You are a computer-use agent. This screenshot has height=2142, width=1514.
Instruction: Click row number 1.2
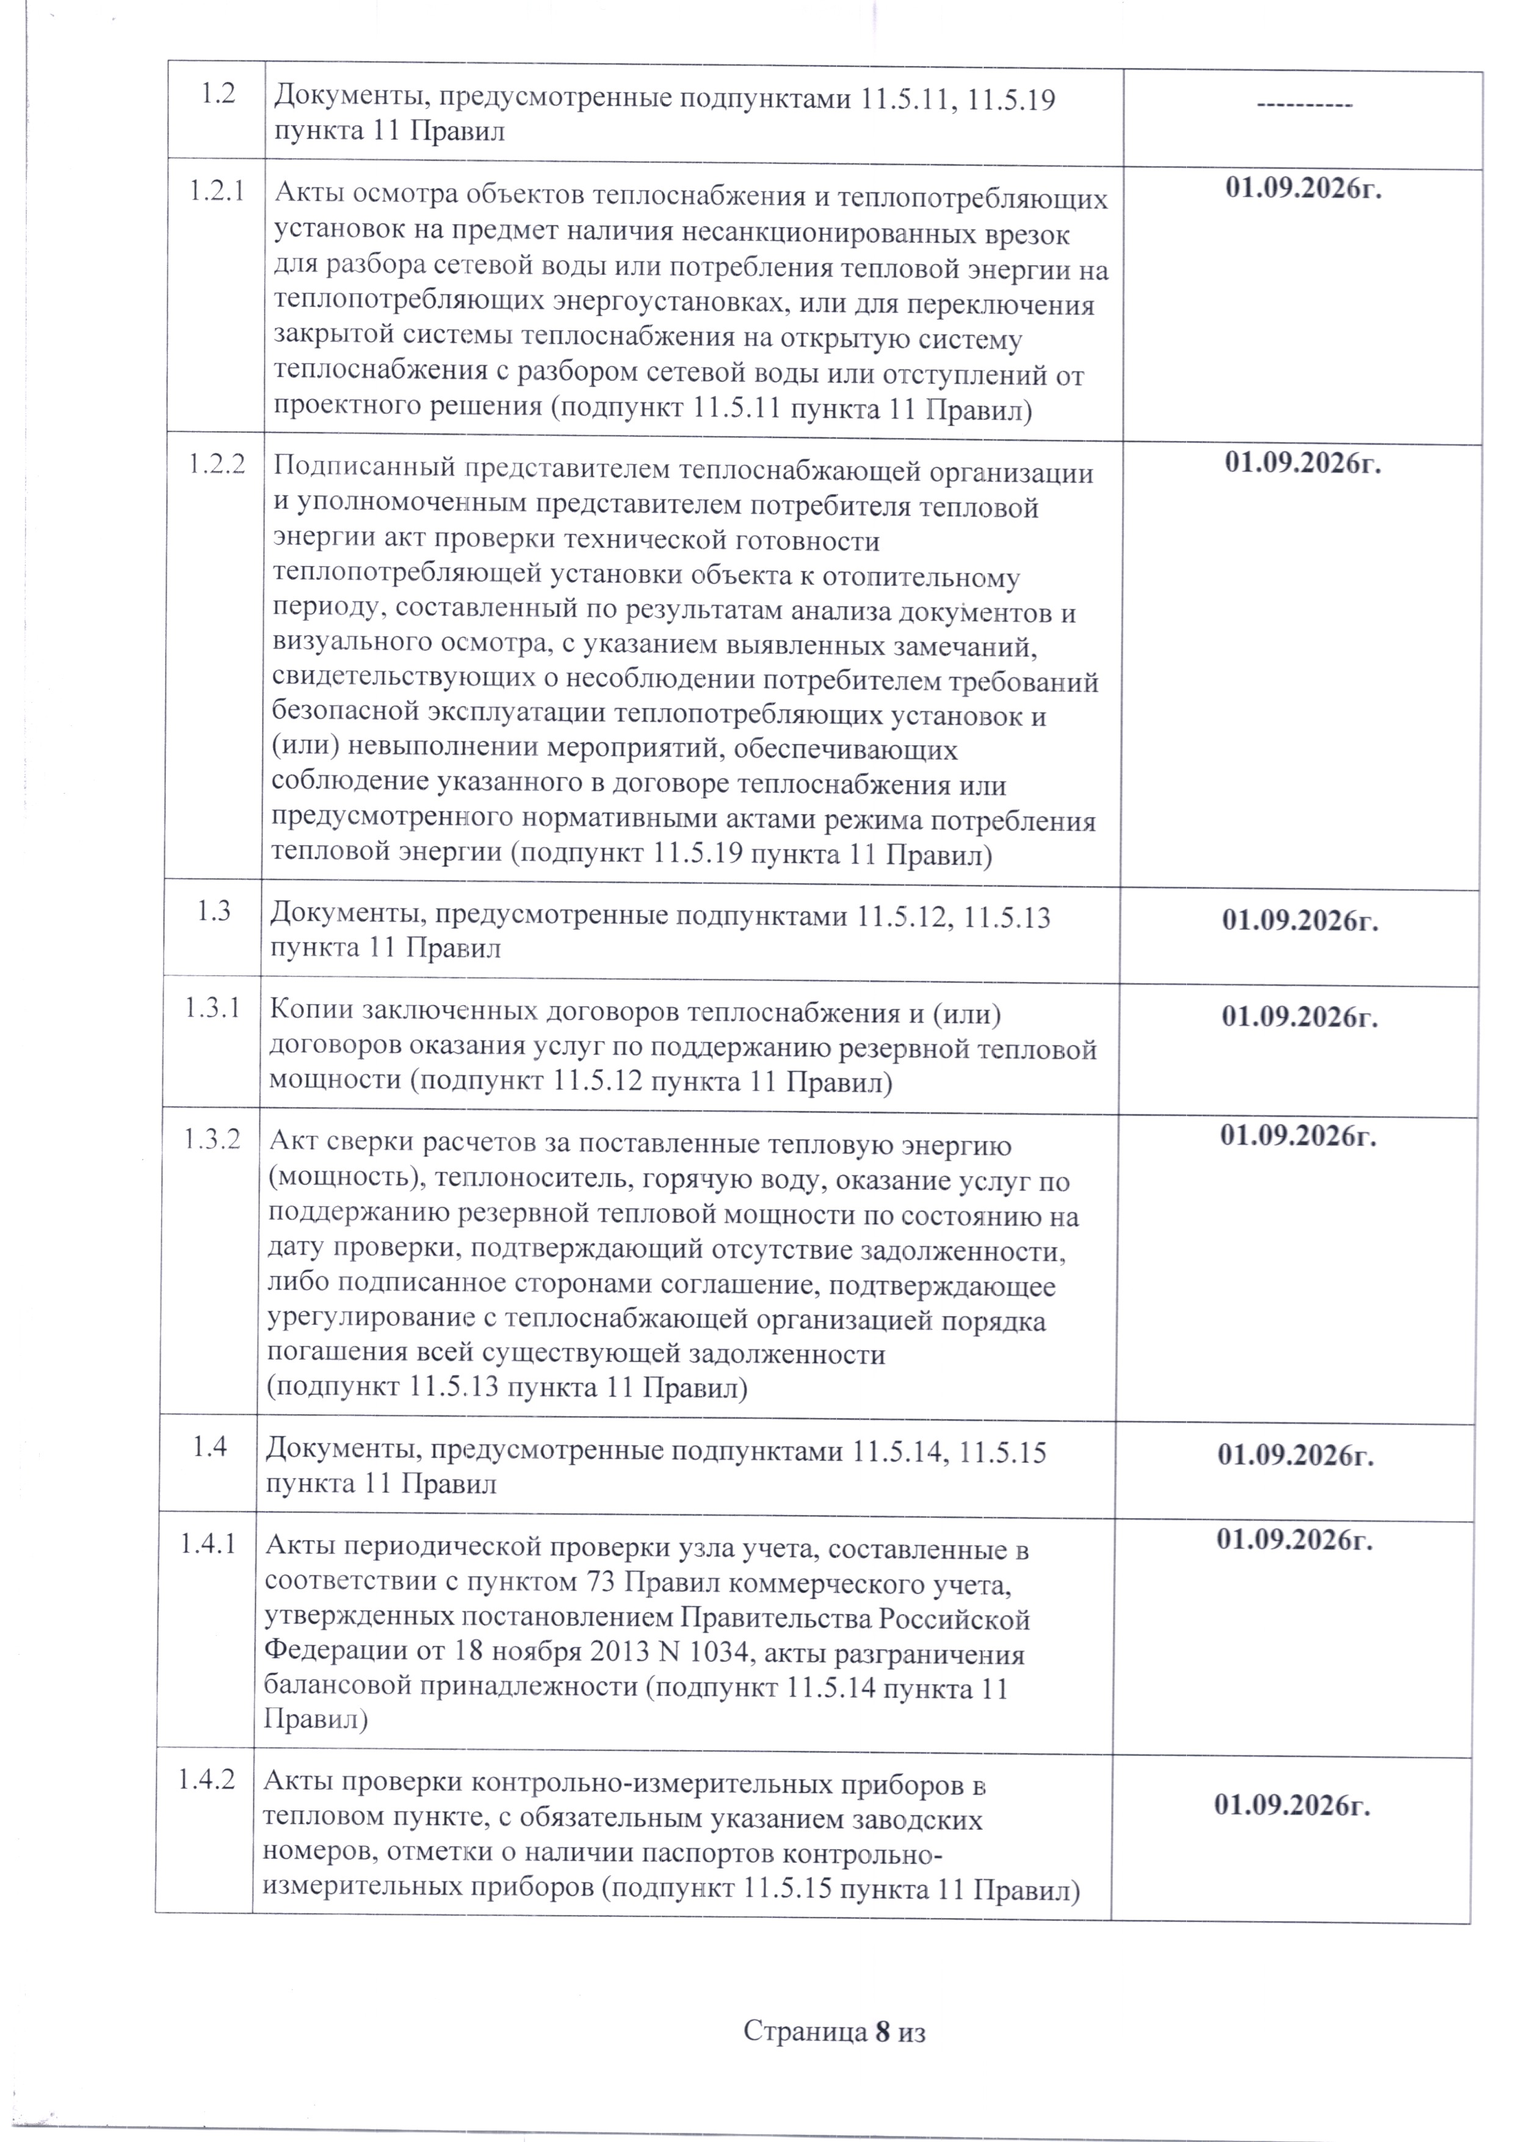217,96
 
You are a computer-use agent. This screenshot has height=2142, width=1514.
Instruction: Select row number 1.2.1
217,193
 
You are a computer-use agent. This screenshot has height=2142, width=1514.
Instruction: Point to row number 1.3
214,912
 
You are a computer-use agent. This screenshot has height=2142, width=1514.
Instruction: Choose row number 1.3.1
212,1009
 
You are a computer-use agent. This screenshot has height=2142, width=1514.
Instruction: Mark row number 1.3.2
212,1139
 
